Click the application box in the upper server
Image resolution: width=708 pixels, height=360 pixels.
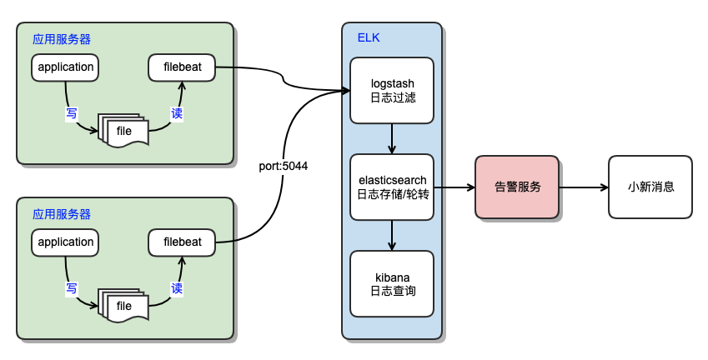coord(66,67)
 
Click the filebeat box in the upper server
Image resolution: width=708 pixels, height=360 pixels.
coord(182,67)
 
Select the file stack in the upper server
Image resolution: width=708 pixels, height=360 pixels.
coord(123,130)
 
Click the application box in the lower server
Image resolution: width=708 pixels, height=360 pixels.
coord(66,242)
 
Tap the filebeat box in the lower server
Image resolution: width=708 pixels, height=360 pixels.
coord(182,242)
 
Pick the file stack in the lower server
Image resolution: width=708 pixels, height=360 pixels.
coord(123,306)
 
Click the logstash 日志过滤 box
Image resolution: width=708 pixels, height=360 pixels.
coord(392,90)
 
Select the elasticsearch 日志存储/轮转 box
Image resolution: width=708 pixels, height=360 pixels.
coord(392,187)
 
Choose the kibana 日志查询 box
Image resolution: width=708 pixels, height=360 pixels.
coord(392,283)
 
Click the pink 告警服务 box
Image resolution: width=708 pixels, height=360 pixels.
coord(517,187)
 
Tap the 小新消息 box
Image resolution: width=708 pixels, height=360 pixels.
coord(650,187)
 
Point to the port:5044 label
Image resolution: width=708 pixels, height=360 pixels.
coord(284,166)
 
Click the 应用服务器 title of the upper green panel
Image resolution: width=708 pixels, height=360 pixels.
coord(62,38)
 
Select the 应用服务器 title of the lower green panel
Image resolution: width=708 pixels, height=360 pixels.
coord(62,214)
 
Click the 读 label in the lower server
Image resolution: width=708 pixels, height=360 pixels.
coord(177,288)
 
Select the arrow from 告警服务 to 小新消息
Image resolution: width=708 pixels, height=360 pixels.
coord(584,187)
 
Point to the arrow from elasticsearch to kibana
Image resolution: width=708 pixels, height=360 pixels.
coord(392,235)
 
